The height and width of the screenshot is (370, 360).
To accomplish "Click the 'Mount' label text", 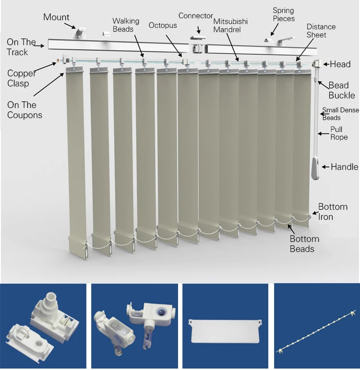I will pyautogui.click(x=56, y=17).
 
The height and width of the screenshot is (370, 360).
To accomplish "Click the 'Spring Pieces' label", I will pyautogui.click(x=283, y=15).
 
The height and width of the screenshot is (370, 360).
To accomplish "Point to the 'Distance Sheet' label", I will pyautogui.click(x=321, y=31).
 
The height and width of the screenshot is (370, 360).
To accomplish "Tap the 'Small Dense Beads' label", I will pyautogui.click(x=340, y=114).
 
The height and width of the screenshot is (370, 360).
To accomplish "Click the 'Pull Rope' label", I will pyautogui.click(x=339, y=133).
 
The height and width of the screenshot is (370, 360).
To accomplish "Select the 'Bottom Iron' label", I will pyautogui.click(x=333, y=212).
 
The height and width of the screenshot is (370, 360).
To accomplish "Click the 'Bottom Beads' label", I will pyautogui.click(x=304, y=244).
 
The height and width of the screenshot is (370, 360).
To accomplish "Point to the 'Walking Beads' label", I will pyautogui.click(x=126, y=25).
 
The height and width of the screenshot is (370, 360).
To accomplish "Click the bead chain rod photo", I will pyautogui.click(x=316, y=332).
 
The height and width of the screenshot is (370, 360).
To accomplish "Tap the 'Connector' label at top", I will pyautogui.click(x=195, y=16).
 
